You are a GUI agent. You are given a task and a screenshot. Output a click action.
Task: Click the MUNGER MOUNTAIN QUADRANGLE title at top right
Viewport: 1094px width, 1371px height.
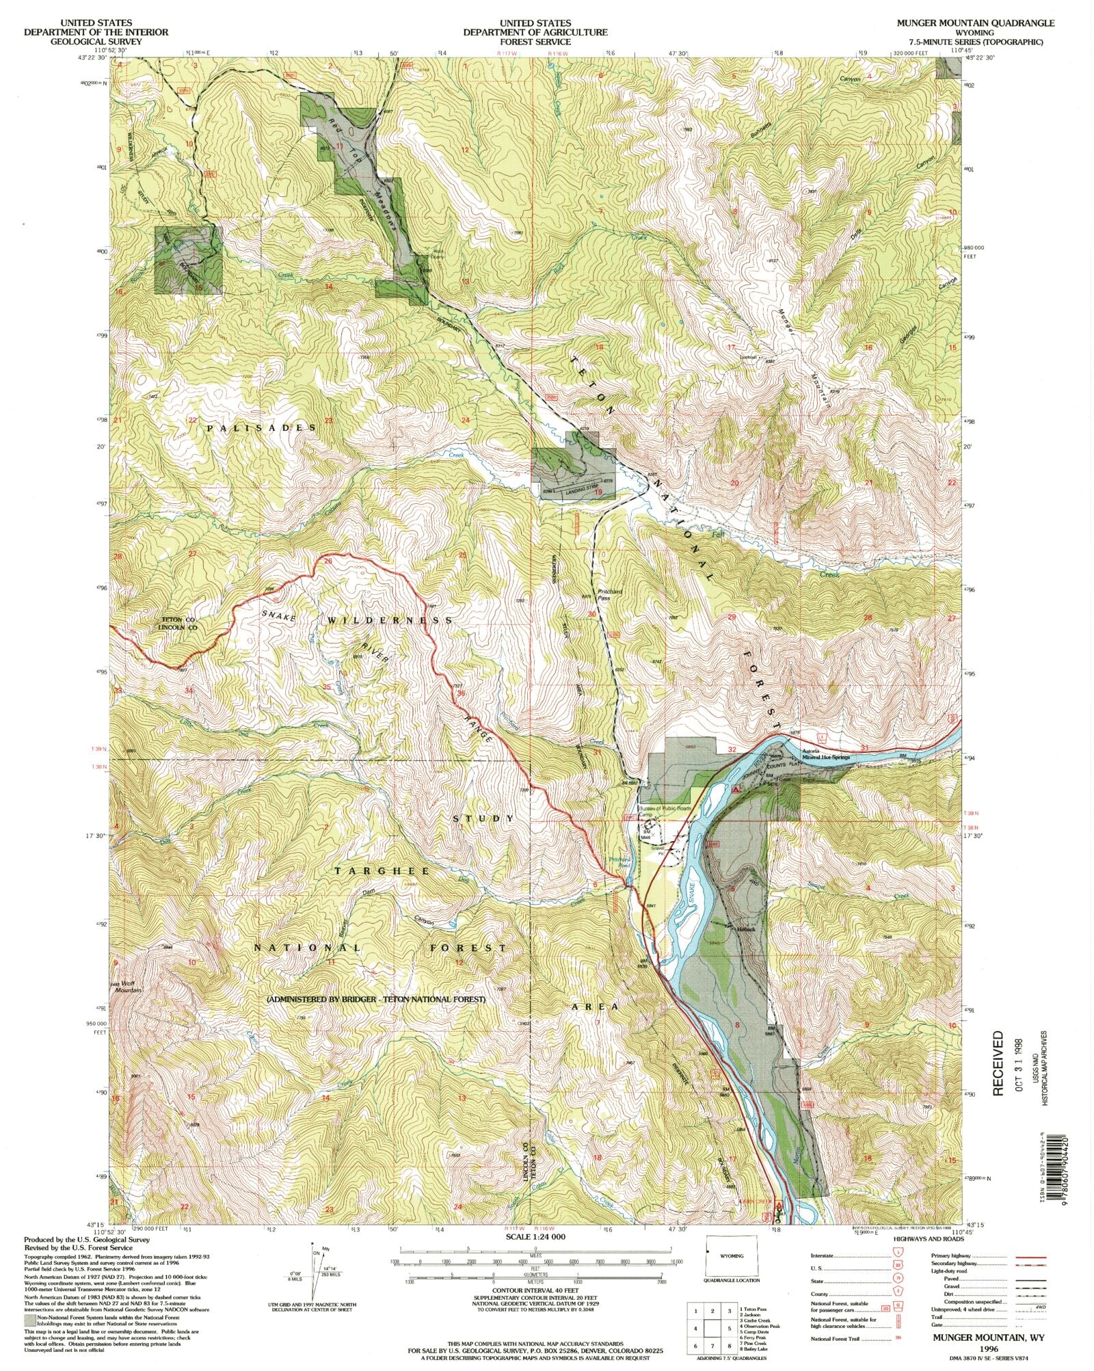pos(976,23)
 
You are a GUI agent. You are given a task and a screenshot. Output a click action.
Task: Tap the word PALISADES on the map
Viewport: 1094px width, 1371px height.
pos(261,427)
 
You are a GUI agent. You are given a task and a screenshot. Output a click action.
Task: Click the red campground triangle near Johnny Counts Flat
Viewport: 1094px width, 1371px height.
pos(736,789)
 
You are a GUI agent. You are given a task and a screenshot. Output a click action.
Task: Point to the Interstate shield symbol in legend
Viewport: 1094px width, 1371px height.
pos(897,1256)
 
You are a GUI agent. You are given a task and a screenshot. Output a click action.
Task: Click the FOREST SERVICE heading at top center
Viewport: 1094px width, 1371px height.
pos(535,41)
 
